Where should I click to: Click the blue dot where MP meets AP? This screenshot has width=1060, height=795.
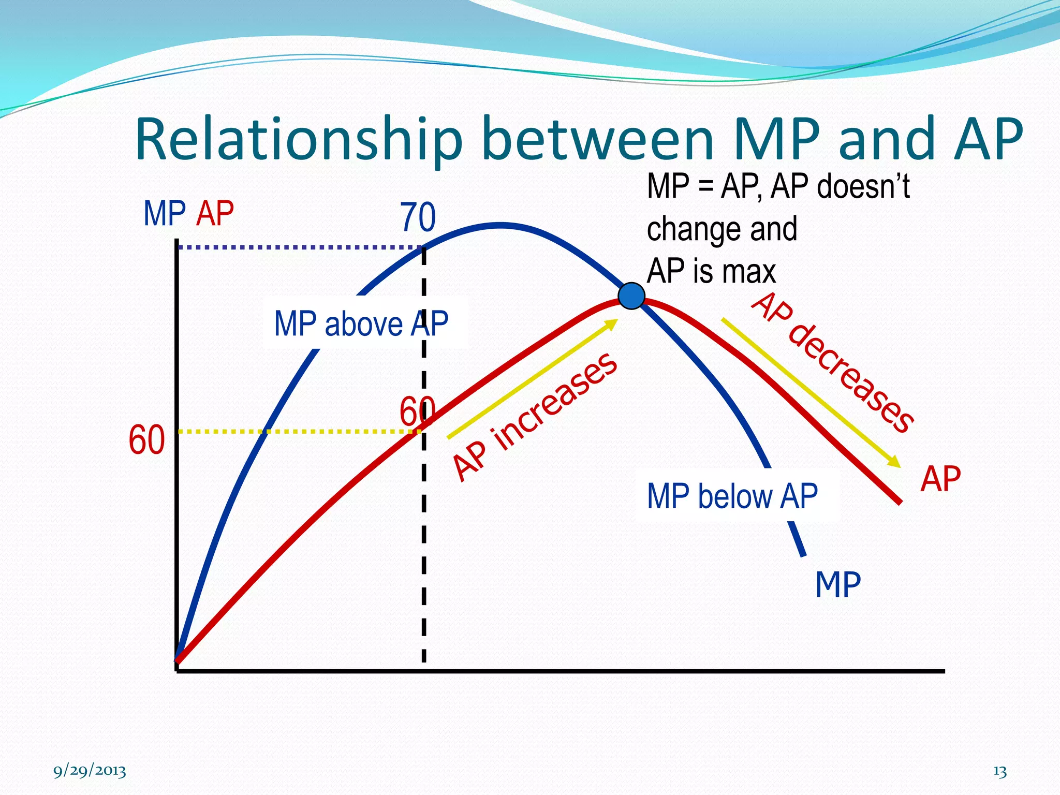pyautogui.click(x=631, y=296)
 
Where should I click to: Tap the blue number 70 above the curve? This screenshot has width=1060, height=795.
pyautogui.click(x=417, y=217)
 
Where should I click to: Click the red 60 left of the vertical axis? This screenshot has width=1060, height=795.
pyautogui.click(x=146, y=440)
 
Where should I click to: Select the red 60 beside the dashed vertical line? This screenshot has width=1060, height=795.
pyautogui.click(x=416, y=411)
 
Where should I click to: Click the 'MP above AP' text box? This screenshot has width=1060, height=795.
pyautogui.click(x=361, y=324)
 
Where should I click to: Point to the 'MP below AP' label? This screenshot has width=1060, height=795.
pyautogui.click(x=732, y=496)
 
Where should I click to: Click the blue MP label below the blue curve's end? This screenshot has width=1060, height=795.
pyautogui.click(x=837, y=585)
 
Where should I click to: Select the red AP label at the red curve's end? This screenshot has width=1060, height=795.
pyautogui.click(x=940, y=479)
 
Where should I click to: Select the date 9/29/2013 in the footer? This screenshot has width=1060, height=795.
pyautogui.click(x=90, y=771)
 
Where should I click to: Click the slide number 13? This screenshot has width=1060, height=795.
pyautogui.click(x=1000, y=772)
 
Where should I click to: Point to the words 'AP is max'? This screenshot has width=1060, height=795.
pyautogui.click(x=711, y=271)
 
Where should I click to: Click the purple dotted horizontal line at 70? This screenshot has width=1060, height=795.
pyautogui.click(x=300, y=247)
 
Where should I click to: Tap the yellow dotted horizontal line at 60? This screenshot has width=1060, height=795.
pyautogui.click(x=300, y=431)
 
